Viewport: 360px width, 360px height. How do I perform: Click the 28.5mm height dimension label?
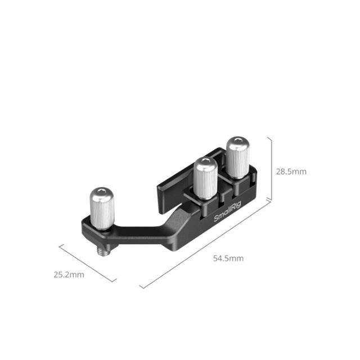291,172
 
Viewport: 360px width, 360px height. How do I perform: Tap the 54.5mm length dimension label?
228,258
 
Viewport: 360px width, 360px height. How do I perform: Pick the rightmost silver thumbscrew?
237,156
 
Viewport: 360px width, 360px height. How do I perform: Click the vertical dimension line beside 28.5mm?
272,169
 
